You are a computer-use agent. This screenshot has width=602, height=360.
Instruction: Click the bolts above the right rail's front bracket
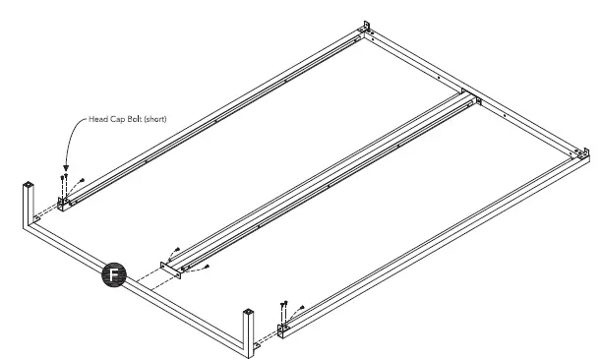pos(283,305)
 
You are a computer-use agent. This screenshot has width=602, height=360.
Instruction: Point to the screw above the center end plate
pos(176,250)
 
